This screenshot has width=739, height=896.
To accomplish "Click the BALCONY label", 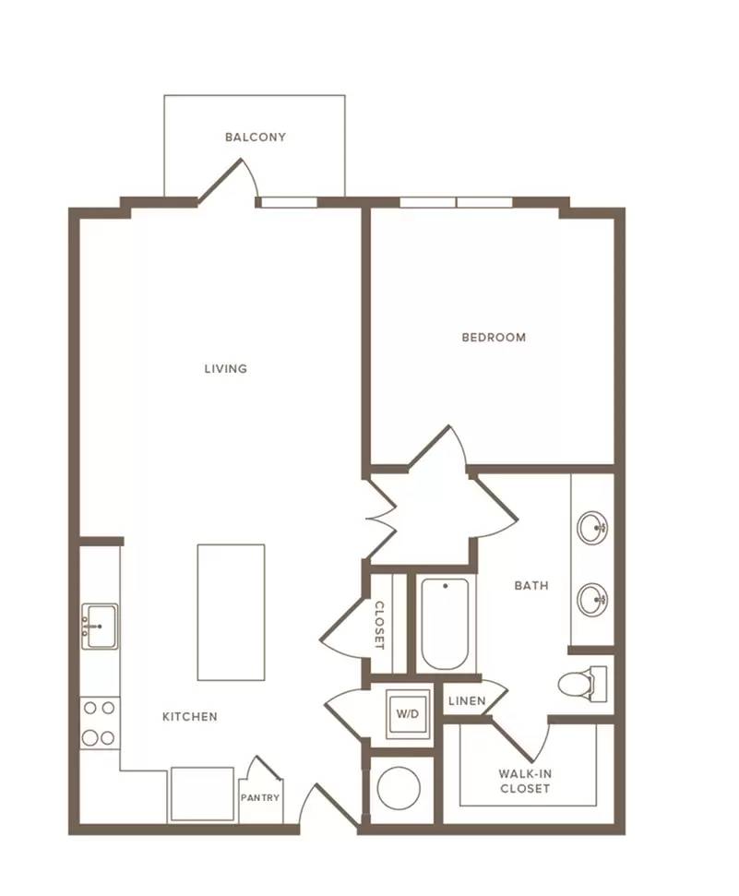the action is pos(255,137).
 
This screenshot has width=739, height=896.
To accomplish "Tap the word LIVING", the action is pos(226,368).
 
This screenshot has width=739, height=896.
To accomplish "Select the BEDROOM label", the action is pos(494,337).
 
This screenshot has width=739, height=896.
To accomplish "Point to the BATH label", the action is pos(531,585).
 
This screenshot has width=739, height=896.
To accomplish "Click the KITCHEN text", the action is pos(190,717).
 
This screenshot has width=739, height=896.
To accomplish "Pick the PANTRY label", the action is pos(260,797).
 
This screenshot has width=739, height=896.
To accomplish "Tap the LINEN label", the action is pos(467,700).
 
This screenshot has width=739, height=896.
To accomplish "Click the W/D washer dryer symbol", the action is pos(408,713).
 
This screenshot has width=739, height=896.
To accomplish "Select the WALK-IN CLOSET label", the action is pos(525,782).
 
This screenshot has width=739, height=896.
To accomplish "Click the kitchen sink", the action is pos(100,627).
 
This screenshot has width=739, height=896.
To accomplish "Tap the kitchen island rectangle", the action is pos(231,612).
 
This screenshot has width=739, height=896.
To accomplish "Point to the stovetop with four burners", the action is pos(100,723).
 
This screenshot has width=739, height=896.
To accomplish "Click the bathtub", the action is pos(446,624).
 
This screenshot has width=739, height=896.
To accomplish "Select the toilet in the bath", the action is pos(582,684).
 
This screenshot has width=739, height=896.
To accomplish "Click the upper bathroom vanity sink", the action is pos(592,527).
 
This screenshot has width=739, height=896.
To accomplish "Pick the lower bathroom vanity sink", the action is pos(592,599).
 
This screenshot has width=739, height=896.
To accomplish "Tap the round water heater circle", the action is pos(399,788).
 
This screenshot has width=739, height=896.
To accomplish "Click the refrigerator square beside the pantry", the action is pos(202,794).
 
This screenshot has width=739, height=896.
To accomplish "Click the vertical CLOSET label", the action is pos(379,625).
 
